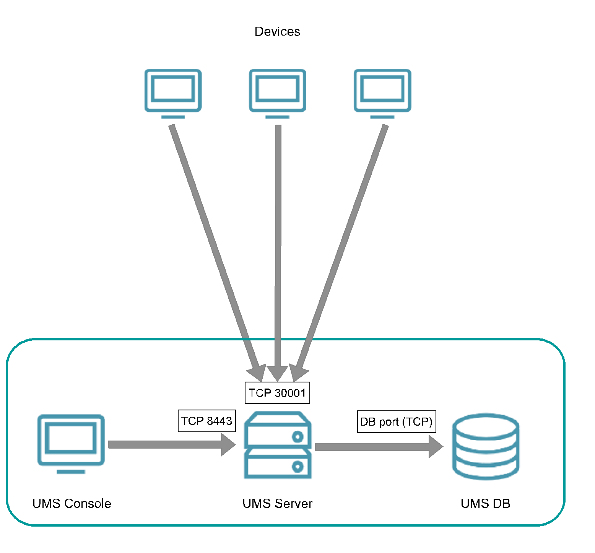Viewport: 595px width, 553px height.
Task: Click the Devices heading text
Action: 277,31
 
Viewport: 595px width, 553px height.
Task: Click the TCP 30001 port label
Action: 277,393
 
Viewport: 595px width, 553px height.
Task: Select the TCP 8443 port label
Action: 206,421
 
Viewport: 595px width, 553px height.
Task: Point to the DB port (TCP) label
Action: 397,421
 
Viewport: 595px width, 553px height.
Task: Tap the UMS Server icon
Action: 278,445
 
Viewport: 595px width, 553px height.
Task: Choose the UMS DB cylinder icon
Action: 486,446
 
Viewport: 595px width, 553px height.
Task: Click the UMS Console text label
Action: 72,503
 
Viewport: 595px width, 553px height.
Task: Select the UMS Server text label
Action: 277,503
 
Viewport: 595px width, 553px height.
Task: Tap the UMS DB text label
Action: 485,503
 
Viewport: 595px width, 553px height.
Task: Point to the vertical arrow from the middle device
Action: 278,249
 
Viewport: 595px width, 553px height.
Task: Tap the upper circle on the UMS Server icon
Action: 297,436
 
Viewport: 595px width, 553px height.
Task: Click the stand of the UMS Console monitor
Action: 71,472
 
